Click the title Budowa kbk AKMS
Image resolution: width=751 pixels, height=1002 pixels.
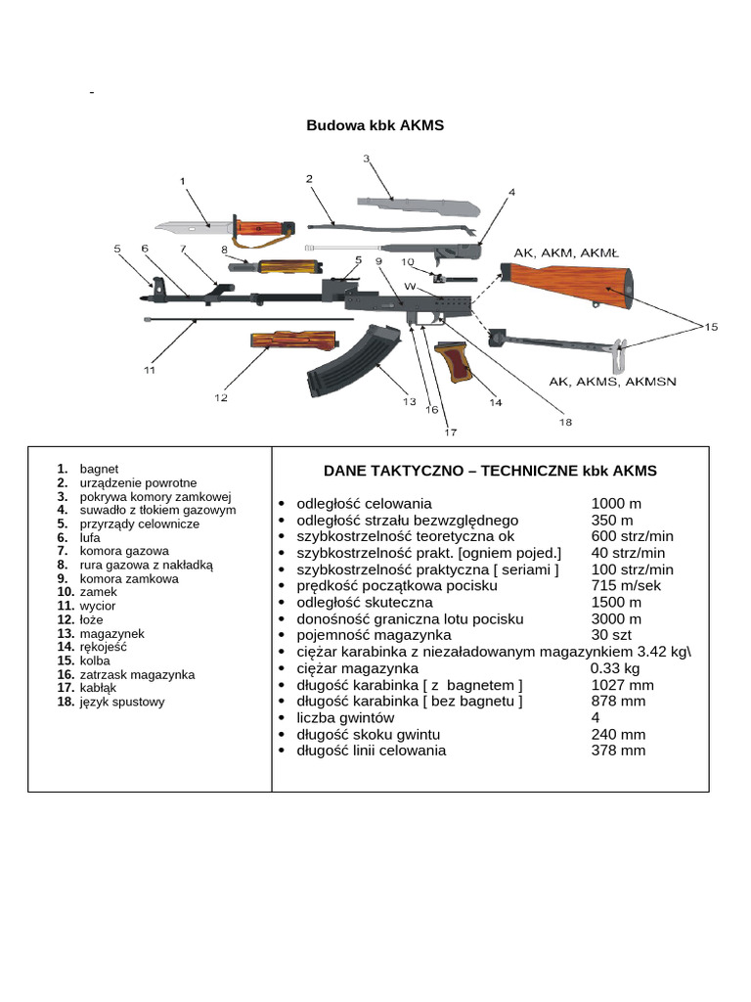(375, 125)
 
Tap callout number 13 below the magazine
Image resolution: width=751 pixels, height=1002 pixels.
(409, 401)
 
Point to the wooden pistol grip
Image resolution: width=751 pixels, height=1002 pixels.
(456, 364)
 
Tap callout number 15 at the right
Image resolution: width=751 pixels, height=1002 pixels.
(711, 326)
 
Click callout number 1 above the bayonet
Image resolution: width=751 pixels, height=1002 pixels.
(183, 181)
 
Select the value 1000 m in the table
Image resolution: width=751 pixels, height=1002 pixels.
(616, 503)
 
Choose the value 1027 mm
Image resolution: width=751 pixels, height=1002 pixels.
(623, 685)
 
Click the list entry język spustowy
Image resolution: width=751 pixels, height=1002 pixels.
(122, 702)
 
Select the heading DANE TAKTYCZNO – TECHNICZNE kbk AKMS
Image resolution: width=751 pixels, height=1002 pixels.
(490, 471)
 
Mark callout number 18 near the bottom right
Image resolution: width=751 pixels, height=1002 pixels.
(565, 422)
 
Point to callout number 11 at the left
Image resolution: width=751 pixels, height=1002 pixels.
(149, 370)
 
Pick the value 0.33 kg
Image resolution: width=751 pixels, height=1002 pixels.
(615, 668)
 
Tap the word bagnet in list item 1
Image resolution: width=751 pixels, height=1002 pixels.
(99, 469)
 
